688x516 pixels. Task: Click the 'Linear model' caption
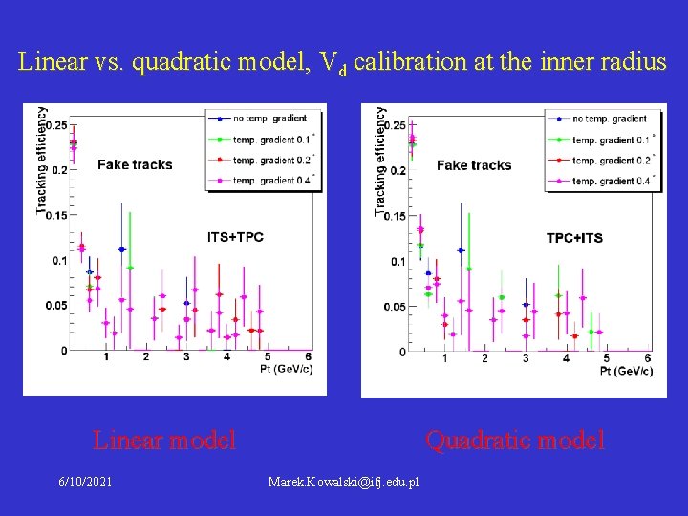(163, 441)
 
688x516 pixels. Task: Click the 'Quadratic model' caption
(515, 441)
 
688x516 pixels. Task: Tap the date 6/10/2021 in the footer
(85, 482)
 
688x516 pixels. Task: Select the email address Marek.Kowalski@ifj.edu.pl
(344, 482)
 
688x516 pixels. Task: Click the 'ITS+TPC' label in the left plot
(235, 237)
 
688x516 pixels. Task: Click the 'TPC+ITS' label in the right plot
(574, 238)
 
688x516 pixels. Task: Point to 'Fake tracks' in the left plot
(135, 164)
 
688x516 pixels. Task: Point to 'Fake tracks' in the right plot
(474, 165)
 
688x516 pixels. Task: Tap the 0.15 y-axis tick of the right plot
(394, 216)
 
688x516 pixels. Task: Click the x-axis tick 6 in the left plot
(308, 357)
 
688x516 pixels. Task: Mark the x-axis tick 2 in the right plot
(485, 358)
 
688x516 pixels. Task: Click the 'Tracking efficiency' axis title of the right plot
(381, 159)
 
